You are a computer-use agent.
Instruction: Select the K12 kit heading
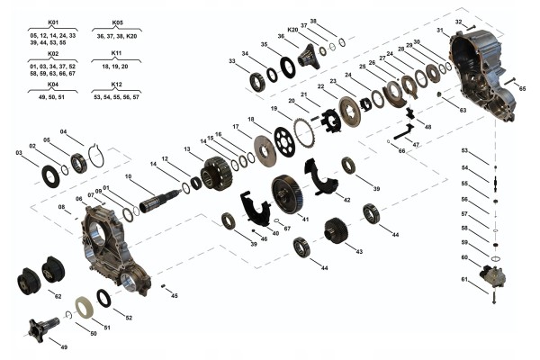[117, 84]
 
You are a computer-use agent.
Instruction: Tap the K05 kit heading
[117, 21]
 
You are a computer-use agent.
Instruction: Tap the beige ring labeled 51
[85, 307]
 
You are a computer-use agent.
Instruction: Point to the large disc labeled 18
[264, 150]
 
